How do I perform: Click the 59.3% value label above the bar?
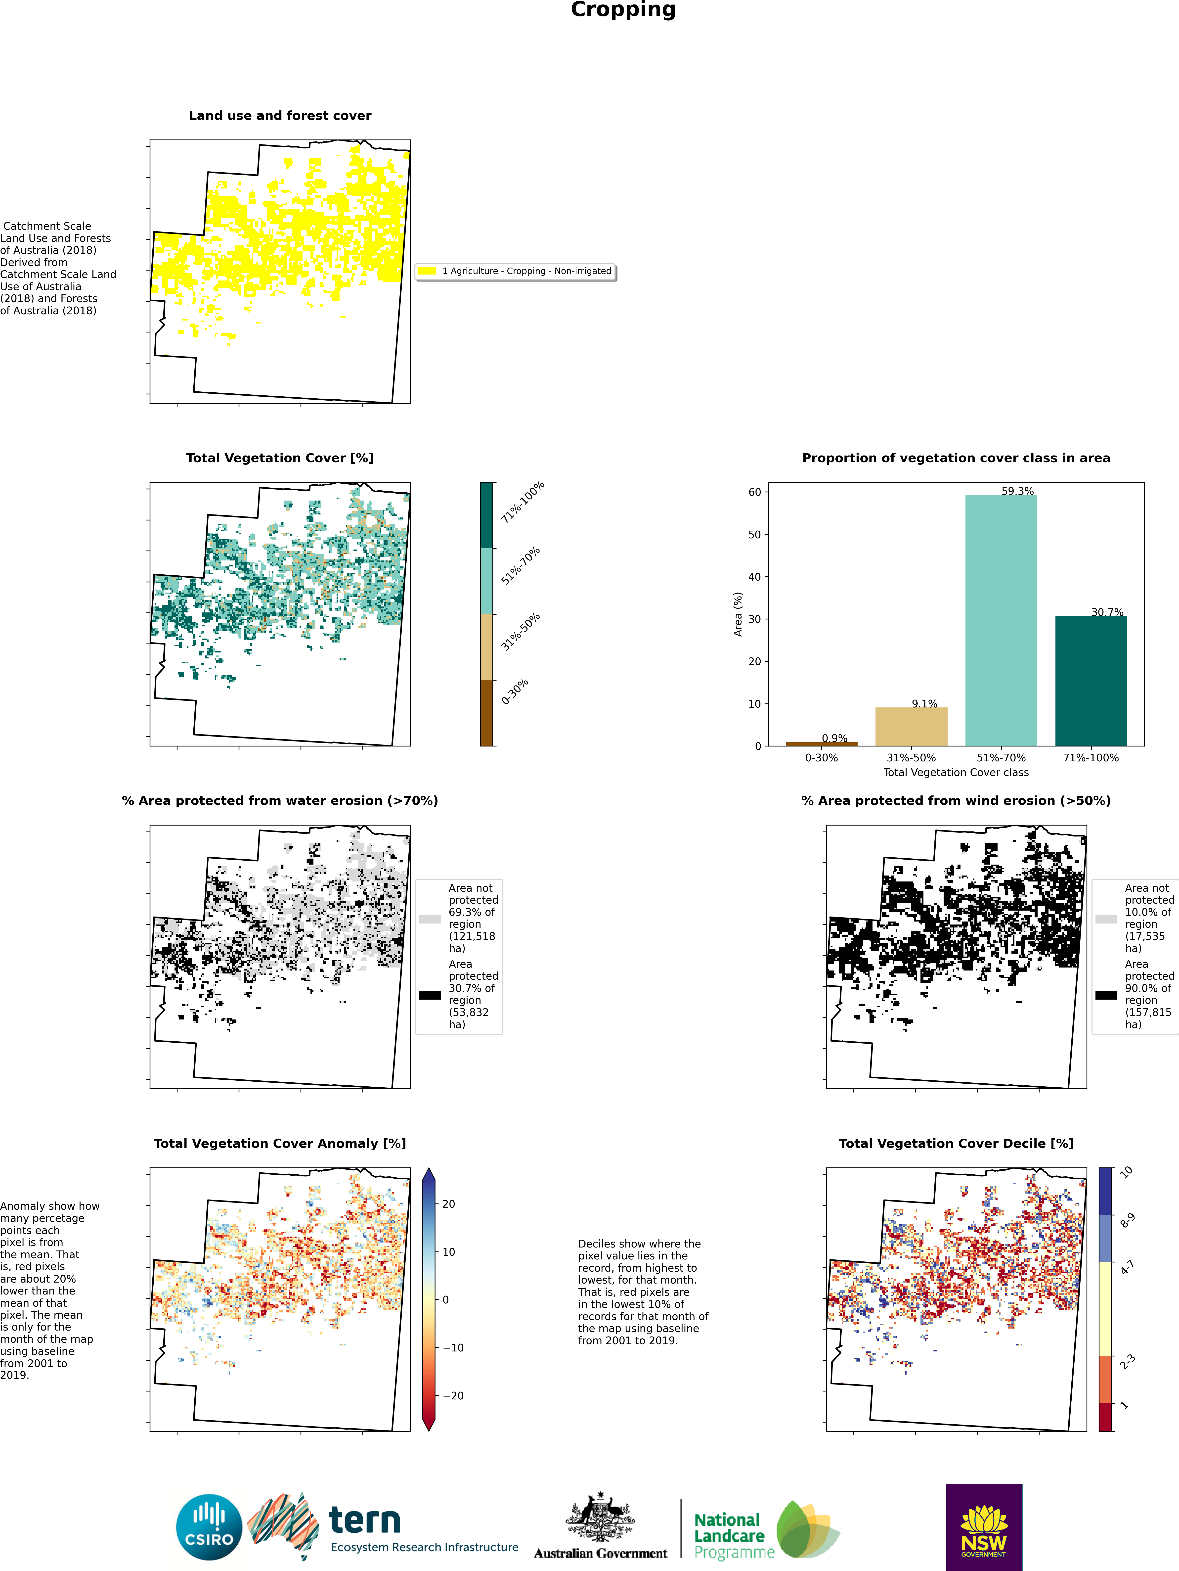[1017, 491]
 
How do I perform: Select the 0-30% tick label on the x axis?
[821, 758]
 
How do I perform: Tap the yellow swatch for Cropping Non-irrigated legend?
[427, 271]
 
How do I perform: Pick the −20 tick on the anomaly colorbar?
[453, 1396]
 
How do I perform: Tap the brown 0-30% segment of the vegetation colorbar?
[486, 712]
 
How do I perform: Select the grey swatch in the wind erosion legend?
[1106, 919]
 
